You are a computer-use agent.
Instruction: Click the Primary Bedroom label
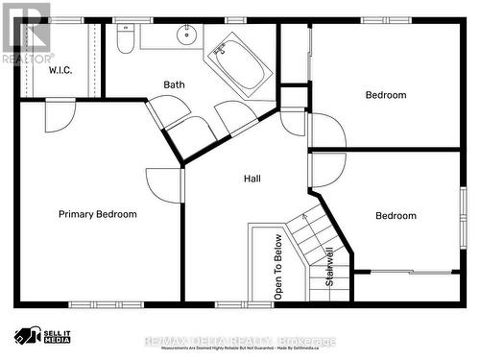97,214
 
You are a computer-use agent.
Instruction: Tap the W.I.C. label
60,70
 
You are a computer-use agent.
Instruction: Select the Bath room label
174,84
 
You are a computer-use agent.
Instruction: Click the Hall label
252,179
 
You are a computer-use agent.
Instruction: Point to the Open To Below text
278,268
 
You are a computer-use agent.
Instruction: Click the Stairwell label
329,268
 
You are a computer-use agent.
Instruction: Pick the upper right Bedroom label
385,95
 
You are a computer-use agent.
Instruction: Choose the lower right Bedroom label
396,216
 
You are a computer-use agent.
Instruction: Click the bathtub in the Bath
238,63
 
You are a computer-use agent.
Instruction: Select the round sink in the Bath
185,36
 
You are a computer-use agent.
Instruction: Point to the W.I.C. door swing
59,116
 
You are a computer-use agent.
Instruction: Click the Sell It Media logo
43,336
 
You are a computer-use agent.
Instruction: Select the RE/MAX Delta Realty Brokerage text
239,341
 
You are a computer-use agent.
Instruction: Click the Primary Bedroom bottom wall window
96,305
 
